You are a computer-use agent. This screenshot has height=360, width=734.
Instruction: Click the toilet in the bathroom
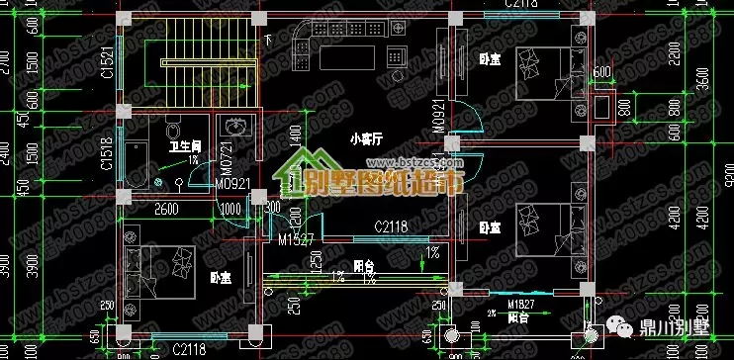point(174,129)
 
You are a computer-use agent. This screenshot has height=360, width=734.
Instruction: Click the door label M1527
point(296,238)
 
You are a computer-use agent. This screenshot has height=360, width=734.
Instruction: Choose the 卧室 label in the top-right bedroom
point(488,58)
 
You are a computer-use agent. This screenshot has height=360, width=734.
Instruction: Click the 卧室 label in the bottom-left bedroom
point(220,280)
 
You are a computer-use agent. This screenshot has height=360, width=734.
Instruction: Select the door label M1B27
point(521,304)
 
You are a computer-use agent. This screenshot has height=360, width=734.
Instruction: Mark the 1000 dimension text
point(230,209)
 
